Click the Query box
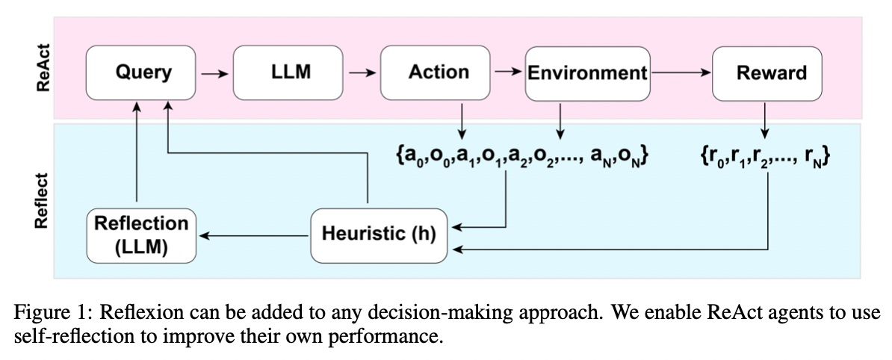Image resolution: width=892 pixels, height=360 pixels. (x=140, y=72)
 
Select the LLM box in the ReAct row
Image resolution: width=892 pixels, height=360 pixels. (x=288, y=72)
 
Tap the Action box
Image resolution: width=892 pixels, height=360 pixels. (x=435, y=72)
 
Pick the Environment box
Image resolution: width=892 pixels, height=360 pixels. (x=588, y=72)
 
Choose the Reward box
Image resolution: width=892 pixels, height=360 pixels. (x=766, y=72)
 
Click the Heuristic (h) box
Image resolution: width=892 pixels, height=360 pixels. (x=378, y=235)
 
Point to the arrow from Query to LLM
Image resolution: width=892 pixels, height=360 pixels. (x=214, y=73)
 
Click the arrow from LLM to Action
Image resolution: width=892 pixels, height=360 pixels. (x=362, y=73)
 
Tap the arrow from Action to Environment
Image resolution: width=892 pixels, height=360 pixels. (x=508, y=72)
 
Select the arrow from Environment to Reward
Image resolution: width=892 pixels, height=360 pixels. (x=681, y=72)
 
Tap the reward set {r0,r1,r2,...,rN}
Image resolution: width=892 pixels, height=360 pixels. (x=764, y=156)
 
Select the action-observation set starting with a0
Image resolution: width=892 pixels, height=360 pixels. (x=521, y=156)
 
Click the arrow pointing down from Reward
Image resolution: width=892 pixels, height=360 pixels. (x=764, y=120)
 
